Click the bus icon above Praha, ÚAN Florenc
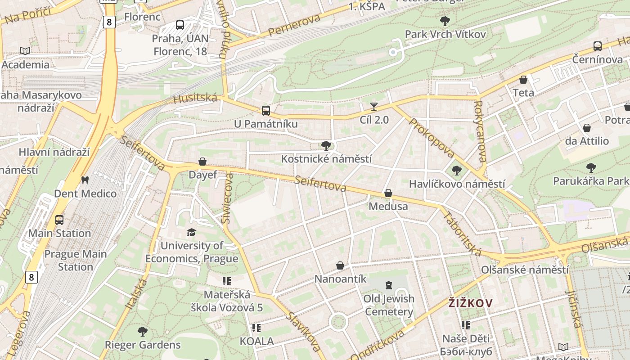[180, 25]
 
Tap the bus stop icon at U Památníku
[266, 110]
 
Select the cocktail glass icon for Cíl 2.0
[374, 107]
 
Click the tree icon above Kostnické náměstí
[326, 145]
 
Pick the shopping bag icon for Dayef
[202, 162]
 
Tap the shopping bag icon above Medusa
[388, 193]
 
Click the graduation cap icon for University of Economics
[191, 232]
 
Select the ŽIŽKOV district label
[470, 303]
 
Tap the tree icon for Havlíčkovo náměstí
[456, 171]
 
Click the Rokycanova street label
[480, 131]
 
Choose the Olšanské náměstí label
[525, 270]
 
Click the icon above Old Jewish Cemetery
[388, 285]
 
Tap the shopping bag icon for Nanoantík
[340, 265]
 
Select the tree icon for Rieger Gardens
[143, 332]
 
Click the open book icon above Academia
[25, 51]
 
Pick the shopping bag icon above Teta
[523, 80]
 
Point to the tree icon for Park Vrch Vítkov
[445, 21]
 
